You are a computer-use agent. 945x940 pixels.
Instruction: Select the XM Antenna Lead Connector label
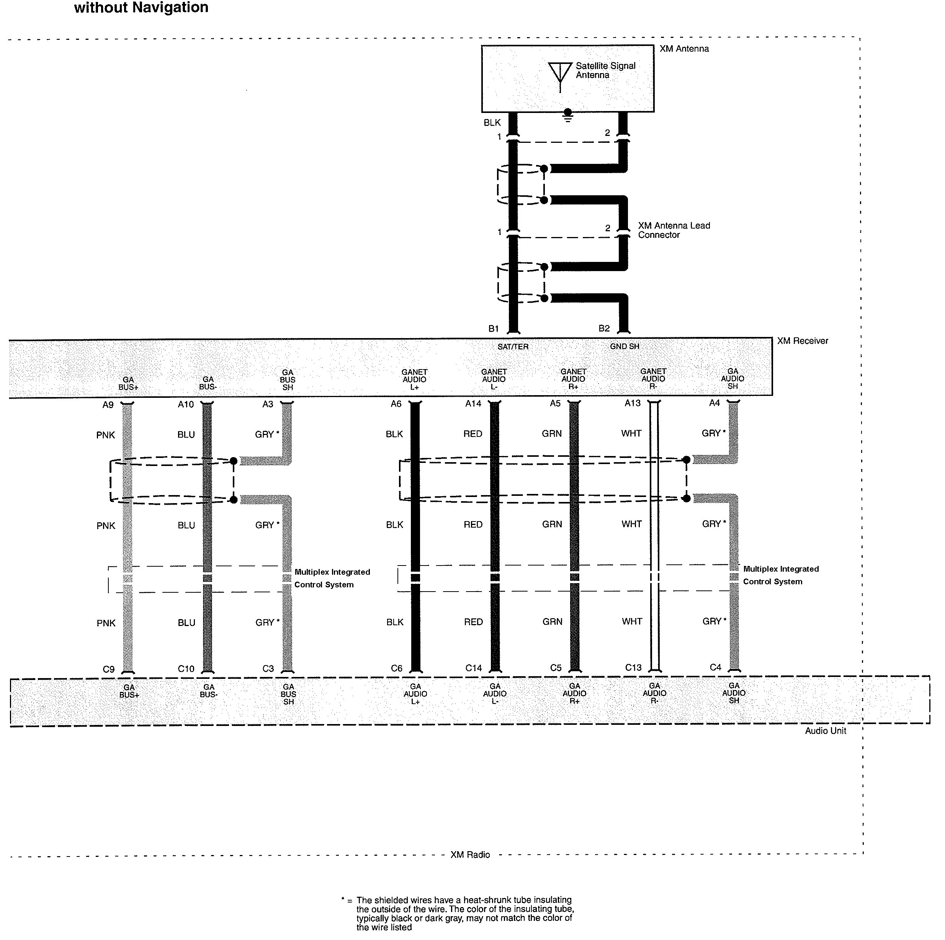coord(674,231)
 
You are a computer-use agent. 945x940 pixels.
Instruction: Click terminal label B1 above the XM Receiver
coord(494,329)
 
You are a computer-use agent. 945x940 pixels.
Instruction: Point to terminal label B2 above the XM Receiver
coord(604,329)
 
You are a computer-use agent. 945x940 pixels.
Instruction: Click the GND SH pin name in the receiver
coord(625,346)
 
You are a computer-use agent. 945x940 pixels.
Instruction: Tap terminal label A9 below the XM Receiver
coord(108,405)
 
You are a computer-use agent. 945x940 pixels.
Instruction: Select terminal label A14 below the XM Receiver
coord(474,404)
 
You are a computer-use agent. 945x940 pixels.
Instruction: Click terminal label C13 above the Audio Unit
coord(633,668)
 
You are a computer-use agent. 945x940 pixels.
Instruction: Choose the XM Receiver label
coord(803,341)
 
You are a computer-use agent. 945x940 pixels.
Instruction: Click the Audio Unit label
coord(826,731)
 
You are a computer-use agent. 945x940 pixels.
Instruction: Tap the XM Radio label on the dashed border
coord(470,854)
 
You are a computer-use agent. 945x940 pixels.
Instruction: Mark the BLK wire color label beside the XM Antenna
coord(492,123)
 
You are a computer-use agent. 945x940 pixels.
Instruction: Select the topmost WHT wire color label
coord(631,433)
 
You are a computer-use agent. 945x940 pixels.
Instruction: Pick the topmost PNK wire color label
coord(106,435)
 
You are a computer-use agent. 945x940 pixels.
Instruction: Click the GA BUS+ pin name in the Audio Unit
coord(129,691)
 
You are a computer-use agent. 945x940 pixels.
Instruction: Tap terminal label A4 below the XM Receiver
coord(714,403)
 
